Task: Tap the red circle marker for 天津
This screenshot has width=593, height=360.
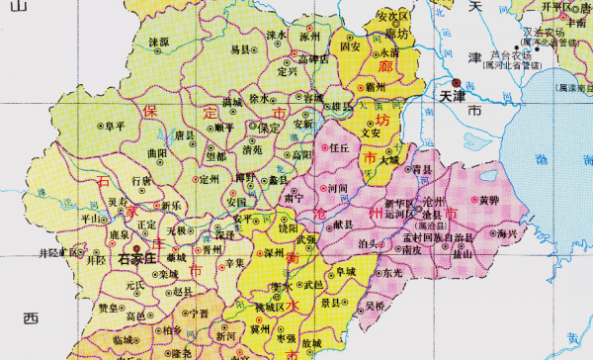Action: tap(456, 84)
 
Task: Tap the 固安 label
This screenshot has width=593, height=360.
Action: tap(349, 45)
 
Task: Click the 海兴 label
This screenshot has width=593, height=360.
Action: tap(507, 234)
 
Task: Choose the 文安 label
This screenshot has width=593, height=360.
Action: tap(372, 132)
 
